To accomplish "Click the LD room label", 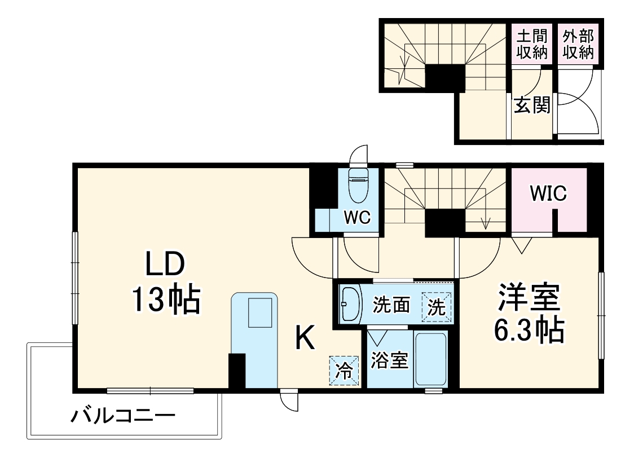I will pyautogui.click(x=165, y=264).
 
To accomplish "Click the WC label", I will pyautogui.click(x=358, y=218).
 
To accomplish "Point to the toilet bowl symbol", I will pyautogui.click(x=358, y=185).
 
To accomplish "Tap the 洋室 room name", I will pyautogui.click(x=529, y=298).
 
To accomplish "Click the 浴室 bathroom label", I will pyautogui.click(x=389, y=361).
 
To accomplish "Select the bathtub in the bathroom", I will pyautogui.click(x=431, y=360).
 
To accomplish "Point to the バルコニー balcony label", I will pyautogui.click(x=123, y=418).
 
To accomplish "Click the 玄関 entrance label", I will pyautogui.click(x=532, y=105).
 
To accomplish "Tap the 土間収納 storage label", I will pyautogui.click(x=532, y=45).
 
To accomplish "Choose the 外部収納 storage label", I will pyautogui.click(x=578, y=45).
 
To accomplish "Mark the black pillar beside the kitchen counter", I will pyautogui.click(x=236, y=371).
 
